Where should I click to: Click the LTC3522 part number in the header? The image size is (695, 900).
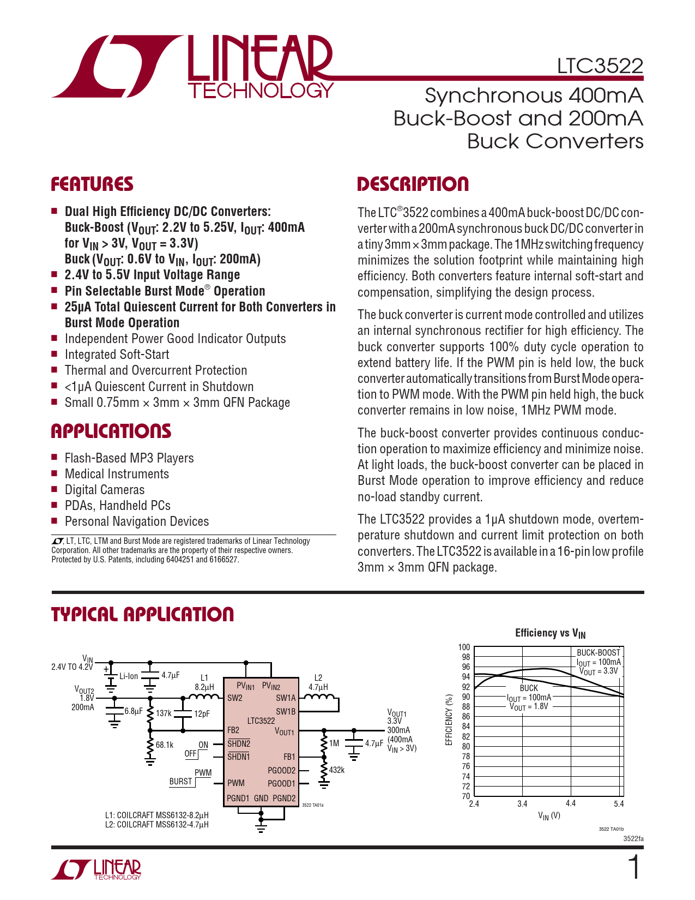600,66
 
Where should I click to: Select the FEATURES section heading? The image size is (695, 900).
92,184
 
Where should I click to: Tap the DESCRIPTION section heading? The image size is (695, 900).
413,184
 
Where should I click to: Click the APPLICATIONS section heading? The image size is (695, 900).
111,431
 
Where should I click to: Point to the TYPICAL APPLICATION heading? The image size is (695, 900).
142,615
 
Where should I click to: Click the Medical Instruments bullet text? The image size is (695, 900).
117,474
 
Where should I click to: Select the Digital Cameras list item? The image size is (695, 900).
105,490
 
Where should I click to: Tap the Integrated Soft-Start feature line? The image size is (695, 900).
117,355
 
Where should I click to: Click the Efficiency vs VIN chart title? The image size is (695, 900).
550,633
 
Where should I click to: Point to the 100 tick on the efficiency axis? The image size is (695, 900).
464,647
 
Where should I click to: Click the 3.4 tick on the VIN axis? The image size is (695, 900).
522,803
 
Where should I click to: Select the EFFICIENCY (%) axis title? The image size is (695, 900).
450,719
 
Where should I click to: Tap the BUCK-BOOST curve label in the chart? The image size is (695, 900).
598,652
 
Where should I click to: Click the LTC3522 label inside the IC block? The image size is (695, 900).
261,721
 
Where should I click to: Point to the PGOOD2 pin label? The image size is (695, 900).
281,770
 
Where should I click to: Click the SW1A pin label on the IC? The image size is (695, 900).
286,698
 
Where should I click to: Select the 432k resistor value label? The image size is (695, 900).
337,770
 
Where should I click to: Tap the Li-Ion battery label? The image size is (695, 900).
129,676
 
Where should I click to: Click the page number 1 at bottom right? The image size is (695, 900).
634,867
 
